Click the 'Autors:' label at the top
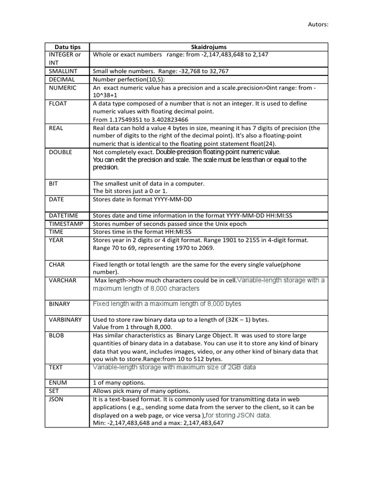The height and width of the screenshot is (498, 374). [x=318, y=24]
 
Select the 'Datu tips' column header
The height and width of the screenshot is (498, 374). [x=67, y=47]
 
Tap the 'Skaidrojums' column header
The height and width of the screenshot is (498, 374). [x=208, y=47]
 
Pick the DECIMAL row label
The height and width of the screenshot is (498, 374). [x=62, y=79]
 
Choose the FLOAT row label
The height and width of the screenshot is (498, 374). [x=58, y=104]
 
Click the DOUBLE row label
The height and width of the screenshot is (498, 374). [x=60, y=152]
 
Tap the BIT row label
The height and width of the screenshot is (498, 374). [x=54, y=183]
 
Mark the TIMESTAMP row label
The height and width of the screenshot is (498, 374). [x=66, y=224]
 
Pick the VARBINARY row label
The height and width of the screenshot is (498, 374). [x=65, y=320]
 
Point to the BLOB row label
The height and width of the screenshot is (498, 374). [x=56, y=336]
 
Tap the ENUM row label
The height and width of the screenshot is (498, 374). [x=58, y=383]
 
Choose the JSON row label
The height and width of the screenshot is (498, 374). [x=56, y=399]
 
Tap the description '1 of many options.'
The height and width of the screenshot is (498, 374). [x=119, y=383]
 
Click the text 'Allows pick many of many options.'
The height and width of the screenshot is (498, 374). [x=141, y=391]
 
